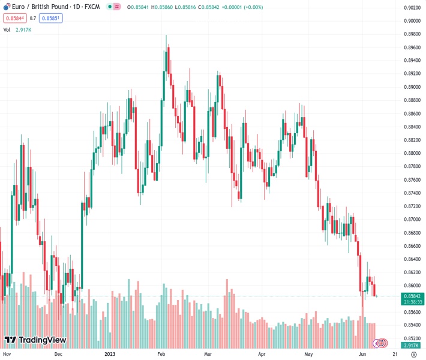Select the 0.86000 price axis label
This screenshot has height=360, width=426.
click(x=412, y=286)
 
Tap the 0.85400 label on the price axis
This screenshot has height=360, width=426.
click(x=412, y=325)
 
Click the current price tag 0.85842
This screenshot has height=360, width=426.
click(x=412, y=296)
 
